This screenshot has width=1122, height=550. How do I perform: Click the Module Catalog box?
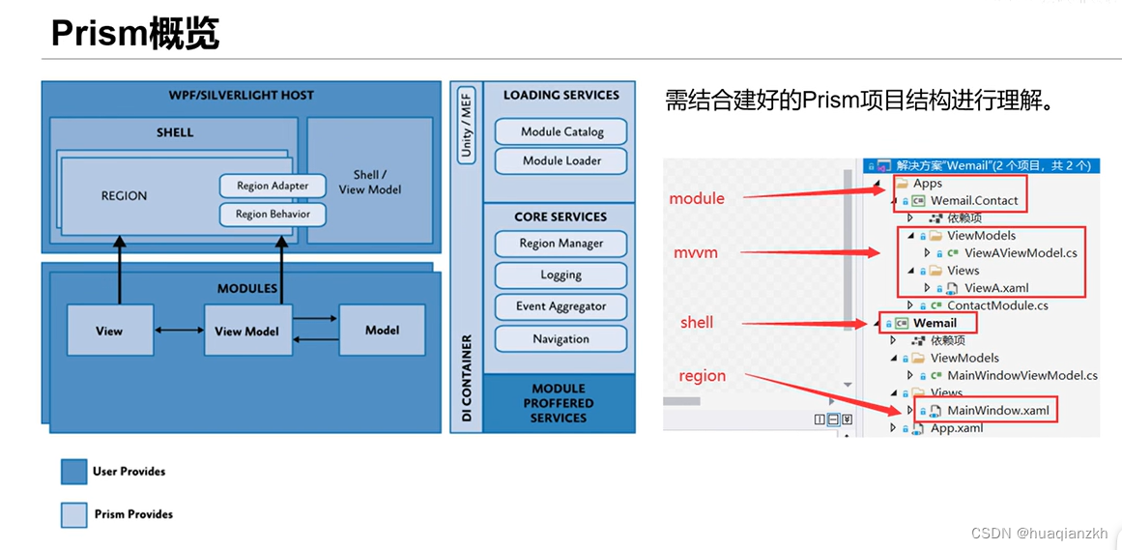click(x=561, y=131)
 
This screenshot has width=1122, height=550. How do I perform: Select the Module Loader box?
click(x=561, y=160)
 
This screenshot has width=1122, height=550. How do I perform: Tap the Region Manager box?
click(x=561, y=244)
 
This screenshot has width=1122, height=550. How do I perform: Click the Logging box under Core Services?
click(x=561, y=275)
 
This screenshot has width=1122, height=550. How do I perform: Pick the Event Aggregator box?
click(x=561, y=306)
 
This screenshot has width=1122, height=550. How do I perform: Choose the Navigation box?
click(x=561, y=339)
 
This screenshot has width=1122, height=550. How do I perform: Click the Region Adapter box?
click(x=272, y=186)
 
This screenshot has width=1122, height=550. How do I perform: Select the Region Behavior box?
click(x=273, y=214)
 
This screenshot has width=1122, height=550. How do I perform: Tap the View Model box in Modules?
click(x=246, y=331)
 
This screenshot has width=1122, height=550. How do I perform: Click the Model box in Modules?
click(x=382, y=330)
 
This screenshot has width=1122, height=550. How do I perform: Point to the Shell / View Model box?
click(x=369, y=182)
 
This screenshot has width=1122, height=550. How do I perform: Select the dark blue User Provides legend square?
click(x=74, y=472)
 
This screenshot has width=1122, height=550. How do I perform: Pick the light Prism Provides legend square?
click(x=74, y=514)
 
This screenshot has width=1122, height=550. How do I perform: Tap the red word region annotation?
click(x=702, y=376)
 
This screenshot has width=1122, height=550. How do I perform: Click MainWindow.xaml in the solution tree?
click(x=997, y=410)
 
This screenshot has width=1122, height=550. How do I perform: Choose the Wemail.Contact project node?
click(x=973, y=201)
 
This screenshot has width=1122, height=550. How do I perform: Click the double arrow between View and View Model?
click(x=179, y=331)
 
